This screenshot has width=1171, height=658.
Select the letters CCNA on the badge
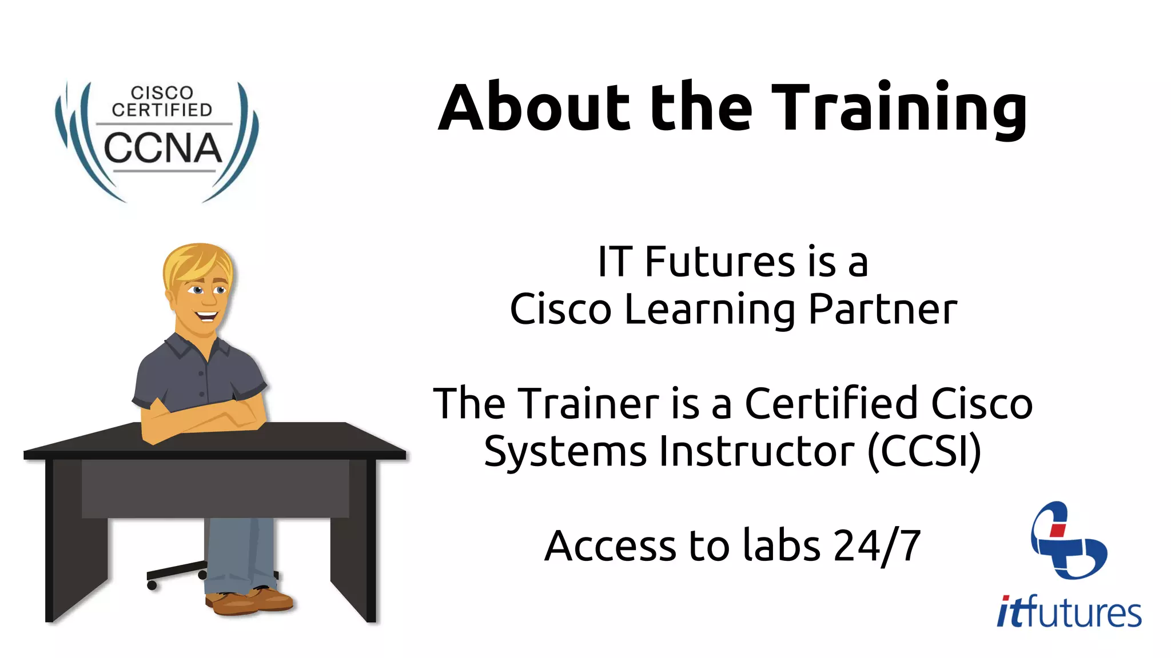[x=162, y=148]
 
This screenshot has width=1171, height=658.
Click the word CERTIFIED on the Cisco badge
[x=162, y=110]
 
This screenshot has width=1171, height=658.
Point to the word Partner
[x=883, y=310]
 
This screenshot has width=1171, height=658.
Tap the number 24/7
[x=877, y=546]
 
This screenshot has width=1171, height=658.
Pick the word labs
[x=782, y=545]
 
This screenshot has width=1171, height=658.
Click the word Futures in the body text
[x=720, y=262]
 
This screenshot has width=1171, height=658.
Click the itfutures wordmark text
[x=1069, y=612]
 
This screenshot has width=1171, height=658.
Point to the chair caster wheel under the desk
[x=152, y=585]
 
